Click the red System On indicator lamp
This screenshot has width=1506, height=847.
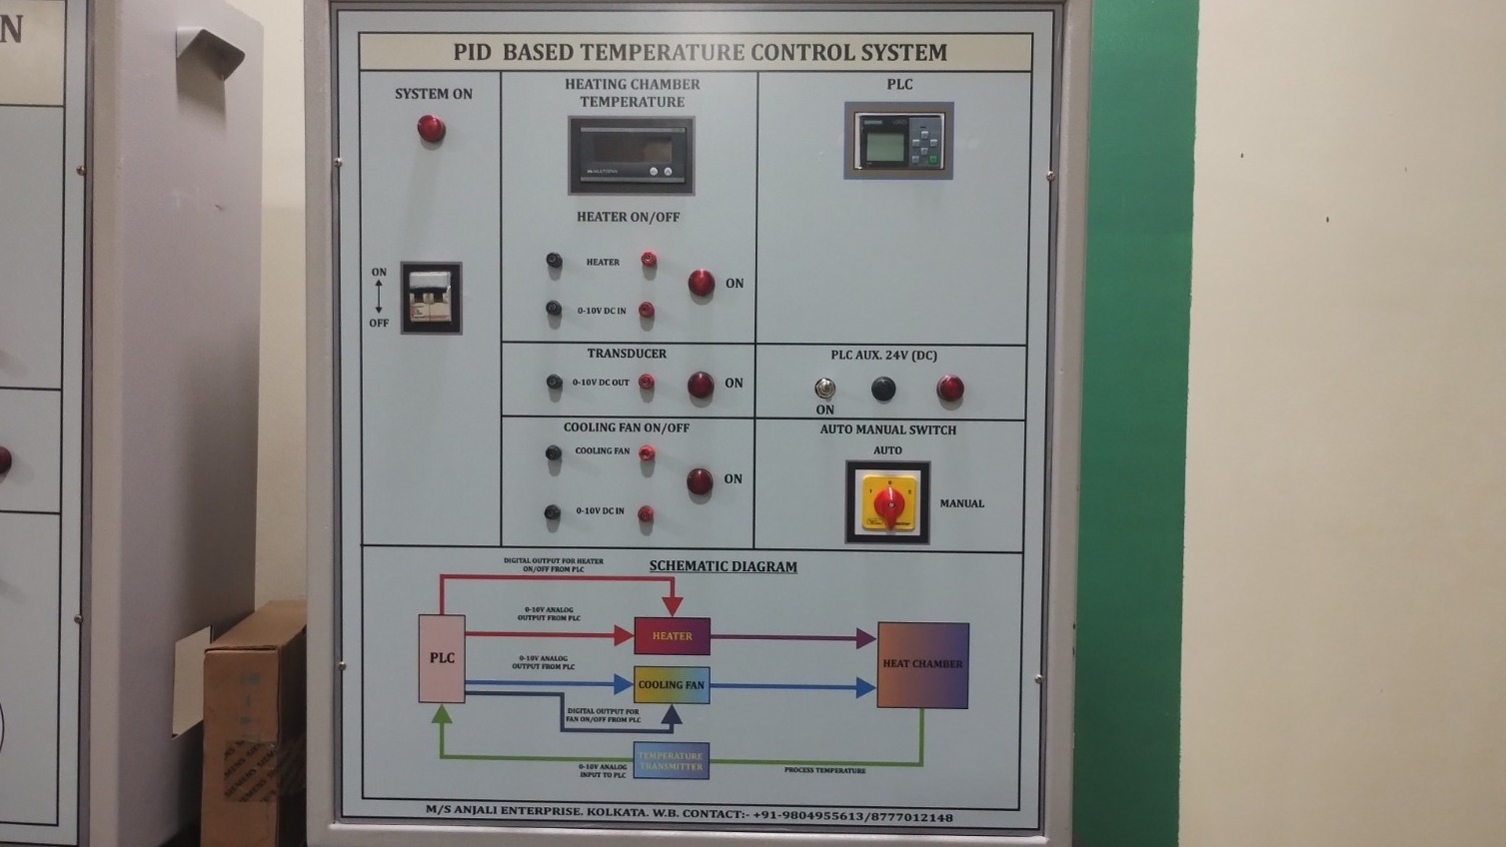(431, 129)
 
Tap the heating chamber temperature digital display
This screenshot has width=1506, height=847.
(631, 155)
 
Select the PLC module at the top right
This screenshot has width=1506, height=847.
(898, 141)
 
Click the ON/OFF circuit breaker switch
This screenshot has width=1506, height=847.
(431, 298)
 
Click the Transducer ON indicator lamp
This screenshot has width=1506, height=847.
(701, 385)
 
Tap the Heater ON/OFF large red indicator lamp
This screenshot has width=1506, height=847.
(702, 284)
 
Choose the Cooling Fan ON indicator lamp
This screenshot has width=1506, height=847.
(700, 481)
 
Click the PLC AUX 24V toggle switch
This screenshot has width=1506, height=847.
(824, 388)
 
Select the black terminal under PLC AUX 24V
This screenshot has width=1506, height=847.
(883, 389)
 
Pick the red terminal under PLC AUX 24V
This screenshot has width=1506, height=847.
(950, 389)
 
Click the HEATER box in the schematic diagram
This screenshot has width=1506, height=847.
(672, 636)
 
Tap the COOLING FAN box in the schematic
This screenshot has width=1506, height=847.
(672, 685)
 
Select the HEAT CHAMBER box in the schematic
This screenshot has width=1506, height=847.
(922, 665)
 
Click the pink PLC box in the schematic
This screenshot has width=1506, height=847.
(442, 658)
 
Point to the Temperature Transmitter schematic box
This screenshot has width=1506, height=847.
(671, 761)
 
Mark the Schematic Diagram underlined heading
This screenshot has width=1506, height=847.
(723, 566)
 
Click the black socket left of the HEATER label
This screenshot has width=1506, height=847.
(554, 261)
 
